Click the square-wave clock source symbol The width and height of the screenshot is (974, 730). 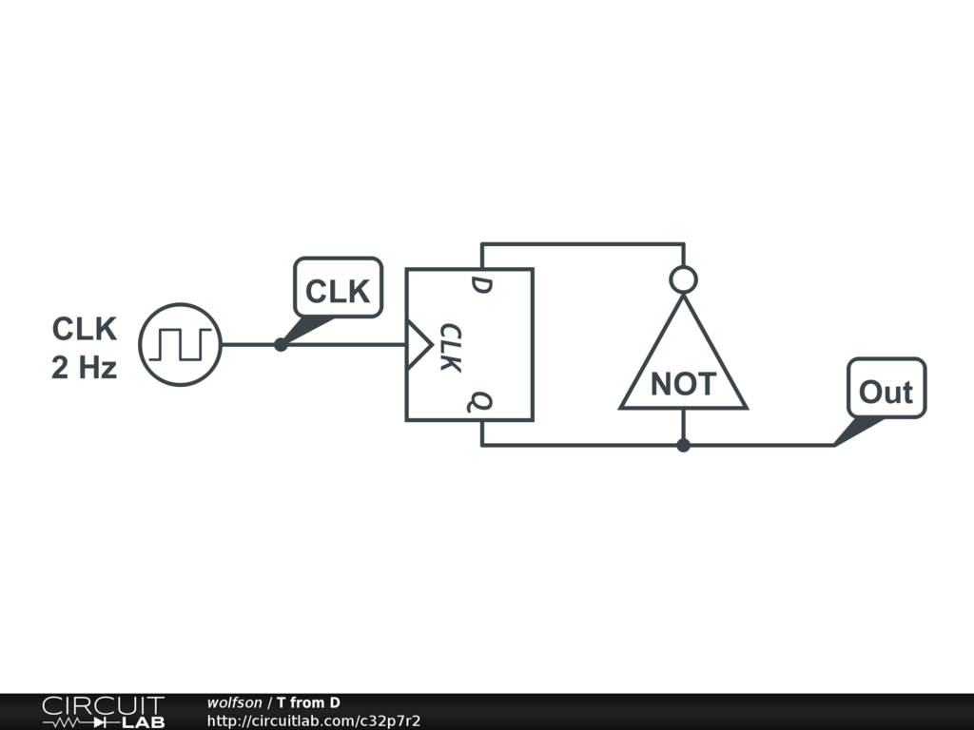click(x=180, y=344)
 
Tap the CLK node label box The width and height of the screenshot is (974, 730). click(x=338, y=289)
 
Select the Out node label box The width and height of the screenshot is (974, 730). click(x=886, y=390)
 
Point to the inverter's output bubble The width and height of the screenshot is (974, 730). click(x=683, y=279)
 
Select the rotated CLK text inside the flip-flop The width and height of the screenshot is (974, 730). click(x=451, y=348)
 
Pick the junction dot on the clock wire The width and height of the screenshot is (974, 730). click(x=281, y=344)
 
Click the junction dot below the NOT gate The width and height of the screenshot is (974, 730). click(x=683, y=445)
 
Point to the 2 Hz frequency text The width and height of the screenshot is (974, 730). click(x=85, y=368)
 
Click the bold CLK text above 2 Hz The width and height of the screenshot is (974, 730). click(x=85, y=329)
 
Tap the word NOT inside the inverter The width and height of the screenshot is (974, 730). click(x=683, y=384)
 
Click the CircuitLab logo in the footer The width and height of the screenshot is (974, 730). click(x=103, y=712)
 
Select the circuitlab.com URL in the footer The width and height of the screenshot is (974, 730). click(x=313, y=720)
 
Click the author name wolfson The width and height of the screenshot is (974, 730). click(x=234, y=702)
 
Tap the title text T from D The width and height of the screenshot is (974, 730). click(x=308, y=702)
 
